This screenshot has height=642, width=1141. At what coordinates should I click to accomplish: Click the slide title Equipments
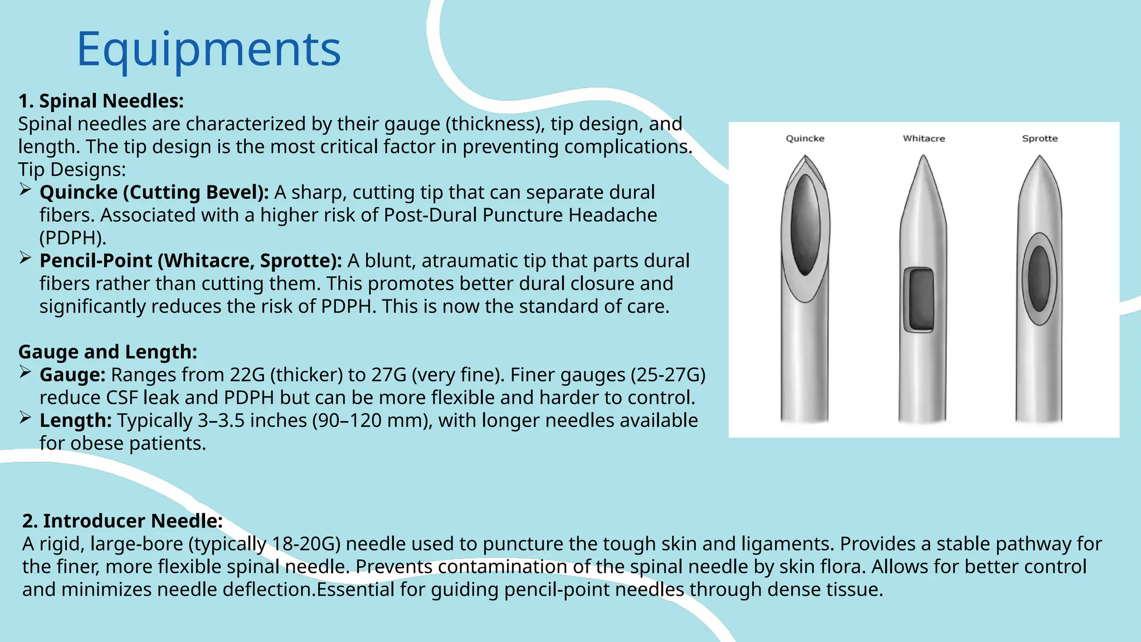(x=208, y=49)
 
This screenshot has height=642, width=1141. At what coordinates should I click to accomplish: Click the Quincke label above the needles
(x=805, y=138)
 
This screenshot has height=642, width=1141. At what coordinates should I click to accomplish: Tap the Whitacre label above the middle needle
(x=924, y=138)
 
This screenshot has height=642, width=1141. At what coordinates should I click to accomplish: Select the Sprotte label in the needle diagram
(x=1040, y=138)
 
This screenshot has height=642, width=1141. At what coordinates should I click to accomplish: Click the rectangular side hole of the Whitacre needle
(x=918, y=300)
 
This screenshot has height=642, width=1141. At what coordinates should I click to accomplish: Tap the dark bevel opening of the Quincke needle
(x=805, y=226)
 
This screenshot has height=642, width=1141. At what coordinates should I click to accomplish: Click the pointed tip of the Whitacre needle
(x=923, y=159)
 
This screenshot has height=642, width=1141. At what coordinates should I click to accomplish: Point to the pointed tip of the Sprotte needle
(x=1040, y=159)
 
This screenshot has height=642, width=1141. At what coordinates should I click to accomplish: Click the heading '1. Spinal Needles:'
(x=101, y=101)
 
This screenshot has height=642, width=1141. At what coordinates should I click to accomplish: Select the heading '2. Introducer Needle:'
(x=123, y=521)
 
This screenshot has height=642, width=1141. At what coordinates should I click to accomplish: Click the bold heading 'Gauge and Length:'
(x=108, y=352)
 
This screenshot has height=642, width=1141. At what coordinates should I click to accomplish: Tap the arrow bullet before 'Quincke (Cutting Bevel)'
(x=25, y=190)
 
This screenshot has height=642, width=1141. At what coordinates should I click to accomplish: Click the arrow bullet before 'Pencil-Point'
(x=25, y=259)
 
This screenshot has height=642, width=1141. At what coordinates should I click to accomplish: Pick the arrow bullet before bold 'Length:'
(x=25, y=418)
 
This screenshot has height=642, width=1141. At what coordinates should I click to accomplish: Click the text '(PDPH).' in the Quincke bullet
(x=72, y=238)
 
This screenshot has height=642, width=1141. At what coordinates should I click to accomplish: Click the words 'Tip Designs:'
(x=72, y=169)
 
